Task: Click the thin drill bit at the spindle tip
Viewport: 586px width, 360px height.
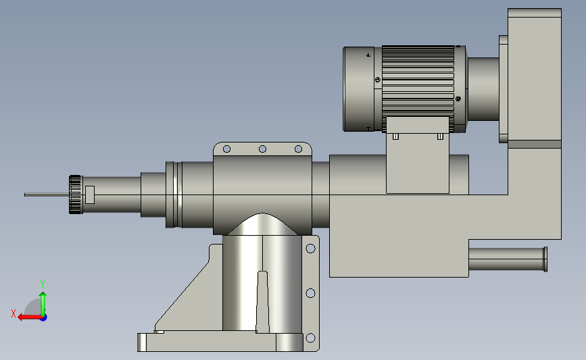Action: (x=47, y=195)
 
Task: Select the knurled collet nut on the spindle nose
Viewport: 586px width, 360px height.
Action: (x=76, y=195)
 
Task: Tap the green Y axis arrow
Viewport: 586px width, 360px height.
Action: (x=43, y=304)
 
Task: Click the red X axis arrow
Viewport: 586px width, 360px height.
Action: (x=30, y=317)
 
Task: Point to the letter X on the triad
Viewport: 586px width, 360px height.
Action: (x=14, y=313)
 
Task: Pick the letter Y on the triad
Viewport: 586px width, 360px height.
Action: (x=43, y=284)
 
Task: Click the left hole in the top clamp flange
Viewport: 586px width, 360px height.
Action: (x=226, y=149)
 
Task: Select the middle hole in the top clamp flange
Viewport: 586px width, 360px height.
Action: (x=262, y=149)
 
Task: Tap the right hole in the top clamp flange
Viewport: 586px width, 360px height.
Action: (x=298, y=149)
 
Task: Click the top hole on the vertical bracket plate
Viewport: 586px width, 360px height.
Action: (x=310, y=249)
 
